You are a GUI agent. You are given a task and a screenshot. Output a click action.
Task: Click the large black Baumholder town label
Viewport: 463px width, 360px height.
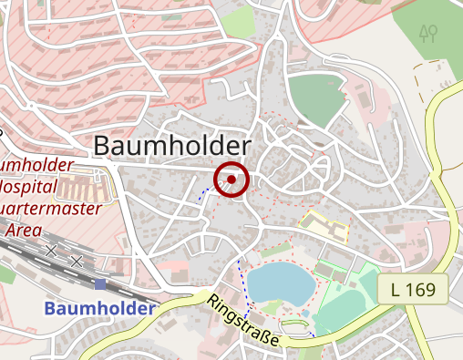tap(172, 147)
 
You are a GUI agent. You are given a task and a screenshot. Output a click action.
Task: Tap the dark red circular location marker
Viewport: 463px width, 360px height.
tap(231, 180)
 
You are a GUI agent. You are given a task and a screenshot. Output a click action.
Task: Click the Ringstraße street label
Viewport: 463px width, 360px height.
tap(243, 322)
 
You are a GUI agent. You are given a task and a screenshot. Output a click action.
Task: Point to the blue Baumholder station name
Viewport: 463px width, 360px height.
tap(98, 309)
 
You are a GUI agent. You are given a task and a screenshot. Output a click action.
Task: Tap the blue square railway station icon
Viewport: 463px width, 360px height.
tap(99, 285)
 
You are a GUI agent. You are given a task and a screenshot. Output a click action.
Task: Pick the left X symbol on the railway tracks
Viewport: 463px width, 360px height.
tap(51, 250)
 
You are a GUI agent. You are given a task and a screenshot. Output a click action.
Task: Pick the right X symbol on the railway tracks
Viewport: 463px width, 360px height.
tap(77, 262)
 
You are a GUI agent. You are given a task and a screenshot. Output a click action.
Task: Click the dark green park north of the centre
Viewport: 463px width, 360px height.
tap(318, 98)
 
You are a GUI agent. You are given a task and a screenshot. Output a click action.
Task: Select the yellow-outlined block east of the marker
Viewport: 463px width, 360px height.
tap(326, 225)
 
